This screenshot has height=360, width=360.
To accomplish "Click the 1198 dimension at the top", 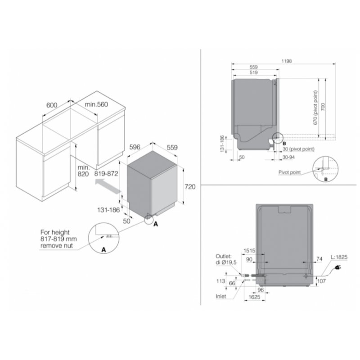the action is click(x=286, y=61).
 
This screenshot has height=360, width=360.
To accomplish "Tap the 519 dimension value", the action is click(x=253, y=72).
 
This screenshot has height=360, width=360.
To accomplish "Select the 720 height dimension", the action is click(x=190, y=187).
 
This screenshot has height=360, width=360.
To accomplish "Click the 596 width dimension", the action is click(x=135, y=147).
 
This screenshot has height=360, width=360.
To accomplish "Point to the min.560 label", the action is click(x=96, y=104).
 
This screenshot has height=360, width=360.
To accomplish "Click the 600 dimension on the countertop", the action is click(x=52, y=105).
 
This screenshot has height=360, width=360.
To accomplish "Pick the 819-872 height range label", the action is click(x=106, y=174).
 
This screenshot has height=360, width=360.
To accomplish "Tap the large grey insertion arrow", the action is click(x=108, y=186).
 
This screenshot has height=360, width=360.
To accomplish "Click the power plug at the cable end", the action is click(x=338, y=267).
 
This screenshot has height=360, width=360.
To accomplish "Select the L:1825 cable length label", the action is click(x=339, y=257).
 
